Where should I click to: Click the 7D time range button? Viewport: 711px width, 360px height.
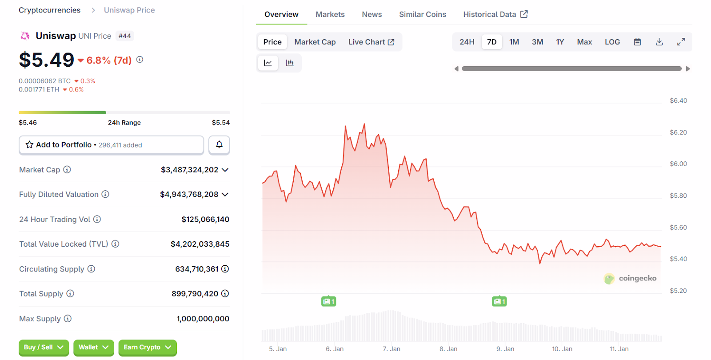491,42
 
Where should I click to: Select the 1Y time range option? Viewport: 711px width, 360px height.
560,42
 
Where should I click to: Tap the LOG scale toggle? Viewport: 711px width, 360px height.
612,42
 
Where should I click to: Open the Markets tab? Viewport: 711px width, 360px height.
330,14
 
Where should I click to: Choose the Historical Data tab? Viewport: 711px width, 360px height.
495,14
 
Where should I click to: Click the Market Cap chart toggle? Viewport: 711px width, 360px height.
315,42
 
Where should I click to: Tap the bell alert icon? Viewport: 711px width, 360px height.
219,145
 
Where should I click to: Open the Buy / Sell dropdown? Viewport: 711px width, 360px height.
44,347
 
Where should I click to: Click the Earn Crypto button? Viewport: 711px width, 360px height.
147,347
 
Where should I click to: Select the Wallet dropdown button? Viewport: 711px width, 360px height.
93,347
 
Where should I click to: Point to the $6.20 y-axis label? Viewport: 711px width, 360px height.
678,132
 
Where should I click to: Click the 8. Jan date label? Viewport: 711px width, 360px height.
448,349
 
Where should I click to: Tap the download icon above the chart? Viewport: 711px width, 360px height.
659,42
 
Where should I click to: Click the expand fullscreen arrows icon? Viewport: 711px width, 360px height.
681,42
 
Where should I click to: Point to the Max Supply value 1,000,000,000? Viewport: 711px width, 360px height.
203,319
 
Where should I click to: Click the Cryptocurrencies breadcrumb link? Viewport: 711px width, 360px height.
49,10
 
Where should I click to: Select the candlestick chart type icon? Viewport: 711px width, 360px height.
290,63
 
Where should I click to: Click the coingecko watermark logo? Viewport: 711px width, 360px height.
630,278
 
